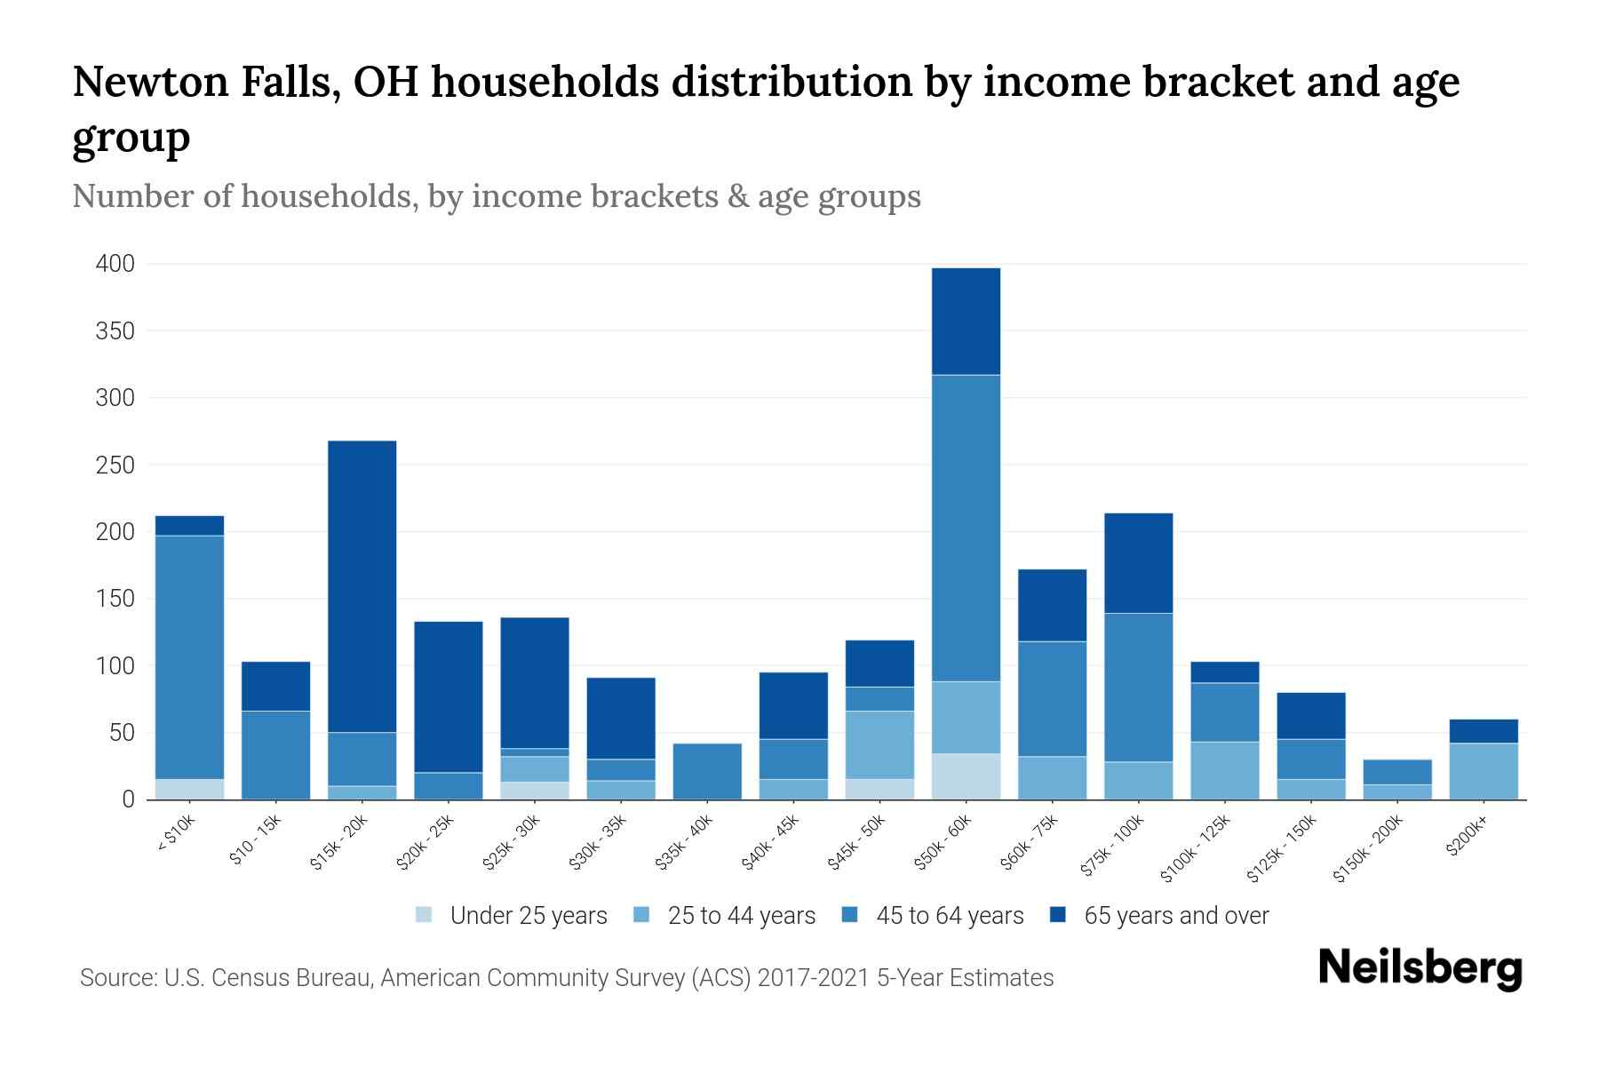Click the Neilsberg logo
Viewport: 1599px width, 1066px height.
[x=1420, y=968]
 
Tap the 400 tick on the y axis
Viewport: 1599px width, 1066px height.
[x=115, y=264]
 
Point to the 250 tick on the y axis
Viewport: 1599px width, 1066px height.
[x=115, y=465]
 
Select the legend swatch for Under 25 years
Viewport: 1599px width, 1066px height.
[x=425, y=915]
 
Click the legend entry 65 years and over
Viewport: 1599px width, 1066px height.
[x=1176, y=915]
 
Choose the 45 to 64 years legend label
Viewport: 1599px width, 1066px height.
[x=950, y=915]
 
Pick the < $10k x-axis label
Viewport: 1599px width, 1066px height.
[x=175, y=835]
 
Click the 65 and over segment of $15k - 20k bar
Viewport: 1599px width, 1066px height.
[x=362, y=586]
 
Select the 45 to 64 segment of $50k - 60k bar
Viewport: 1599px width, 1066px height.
[x=967, y=529]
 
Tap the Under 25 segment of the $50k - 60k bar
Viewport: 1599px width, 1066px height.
[x=967, y=776]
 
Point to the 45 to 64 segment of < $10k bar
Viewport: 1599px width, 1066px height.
[x=189, y=657]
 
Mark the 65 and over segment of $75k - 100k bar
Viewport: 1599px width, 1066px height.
[x=1139, y=563]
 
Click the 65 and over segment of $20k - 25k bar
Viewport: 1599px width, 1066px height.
[x=449, y=697]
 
